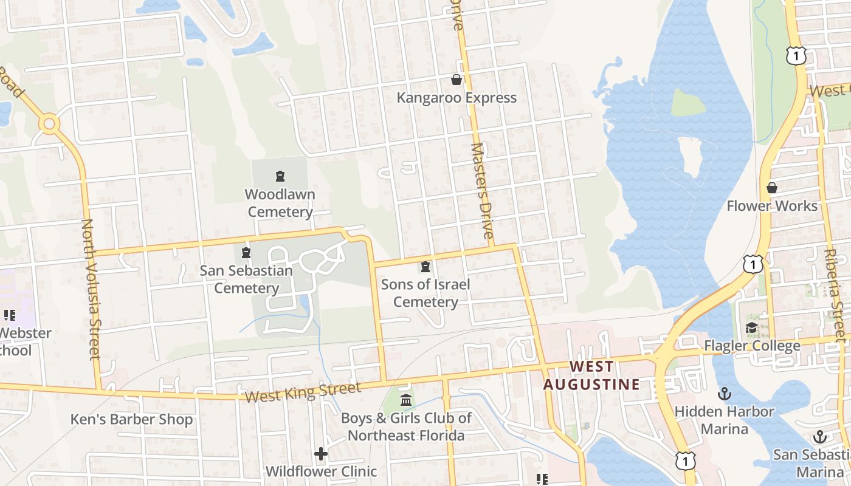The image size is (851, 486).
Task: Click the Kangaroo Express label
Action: pyautogui.click(x=457, y=98)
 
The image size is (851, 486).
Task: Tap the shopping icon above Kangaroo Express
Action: pyautogui.click(x=457, y=80)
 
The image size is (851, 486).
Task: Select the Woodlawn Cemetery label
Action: pyautogui.click(x=280, y=203)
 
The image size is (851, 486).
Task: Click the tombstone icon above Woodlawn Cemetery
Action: pyautogui.click(x=280, y=176)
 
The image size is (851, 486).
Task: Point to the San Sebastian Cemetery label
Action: pyautogui.click(x=246, y=279)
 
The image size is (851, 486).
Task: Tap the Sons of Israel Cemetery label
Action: pyautogui.click(x=425, y=293)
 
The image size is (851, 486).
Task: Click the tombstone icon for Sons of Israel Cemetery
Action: pyautogui.click(x=425, y=267)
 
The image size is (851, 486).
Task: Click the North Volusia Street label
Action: pyautogui.click(x=92, y=289)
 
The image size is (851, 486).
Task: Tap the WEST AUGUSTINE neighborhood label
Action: pyautogui.click(x=591, y=375)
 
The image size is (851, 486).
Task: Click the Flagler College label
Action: pyautogui.click(x=752, y=346)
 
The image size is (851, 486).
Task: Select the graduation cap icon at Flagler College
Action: pyautogui.click(x=752, y=328)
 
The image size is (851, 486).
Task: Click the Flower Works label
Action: pyautogui.click(x=772, y=206)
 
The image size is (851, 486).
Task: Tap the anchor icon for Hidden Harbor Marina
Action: pyautogui.click(x=724, y=394)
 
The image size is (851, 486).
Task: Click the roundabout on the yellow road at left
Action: pyautogui.click(x=49, y=125)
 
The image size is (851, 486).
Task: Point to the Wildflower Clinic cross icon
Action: pyautogui.click(x=321, y=453)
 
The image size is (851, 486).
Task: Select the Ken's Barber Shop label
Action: pyautogui.click(x=131, y=419)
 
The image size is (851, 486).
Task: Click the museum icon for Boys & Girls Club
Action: pyautogui.click(x=406, y=400)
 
